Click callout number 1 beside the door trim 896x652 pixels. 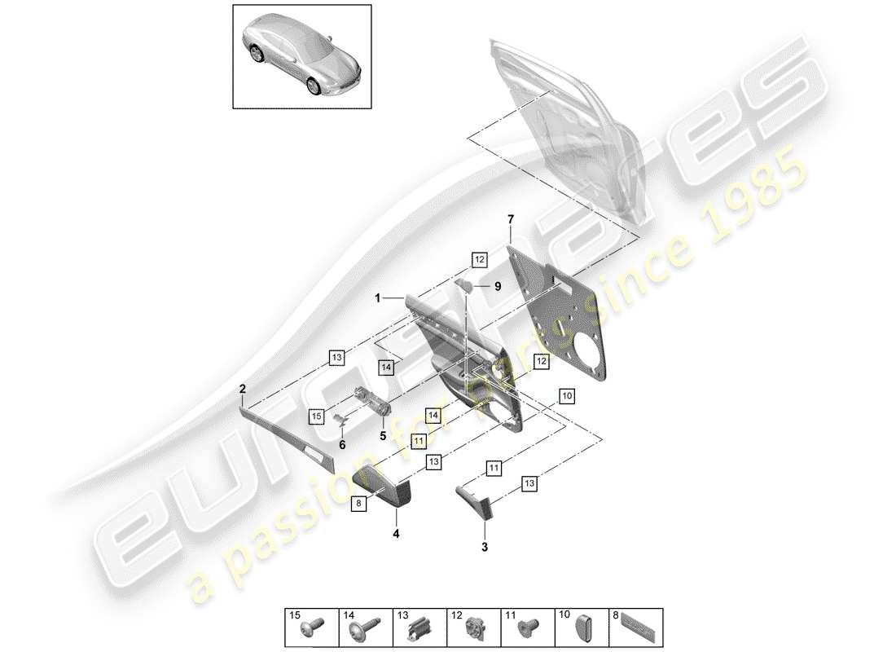point(377,299)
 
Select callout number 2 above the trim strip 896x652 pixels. point(242,390)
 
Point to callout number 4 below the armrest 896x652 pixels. point(397,535)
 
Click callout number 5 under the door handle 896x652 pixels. point(381,435)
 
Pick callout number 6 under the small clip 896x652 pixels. point(342,444)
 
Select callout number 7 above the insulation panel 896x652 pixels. point(511,219)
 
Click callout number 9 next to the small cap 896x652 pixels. point(499,286)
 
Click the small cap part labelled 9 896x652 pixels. point(466,284)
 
